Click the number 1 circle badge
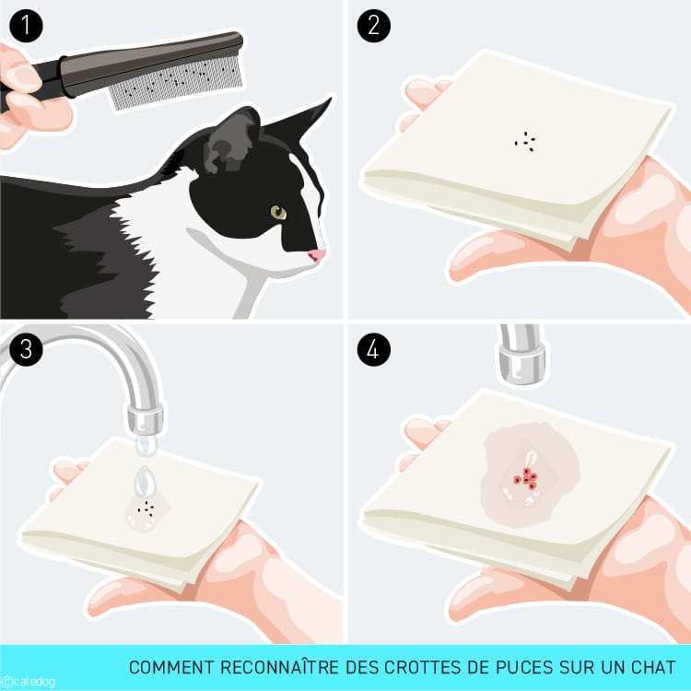(26, 26)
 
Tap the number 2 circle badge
(374, 26)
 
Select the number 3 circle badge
(26, 349)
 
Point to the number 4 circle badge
(374, 349)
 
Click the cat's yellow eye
(278, 213)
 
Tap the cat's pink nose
(317, 255)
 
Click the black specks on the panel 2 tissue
(525, 142)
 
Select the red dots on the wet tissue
(526, 478)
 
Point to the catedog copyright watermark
(29, 682)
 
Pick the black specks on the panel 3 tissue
(146, 509)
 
